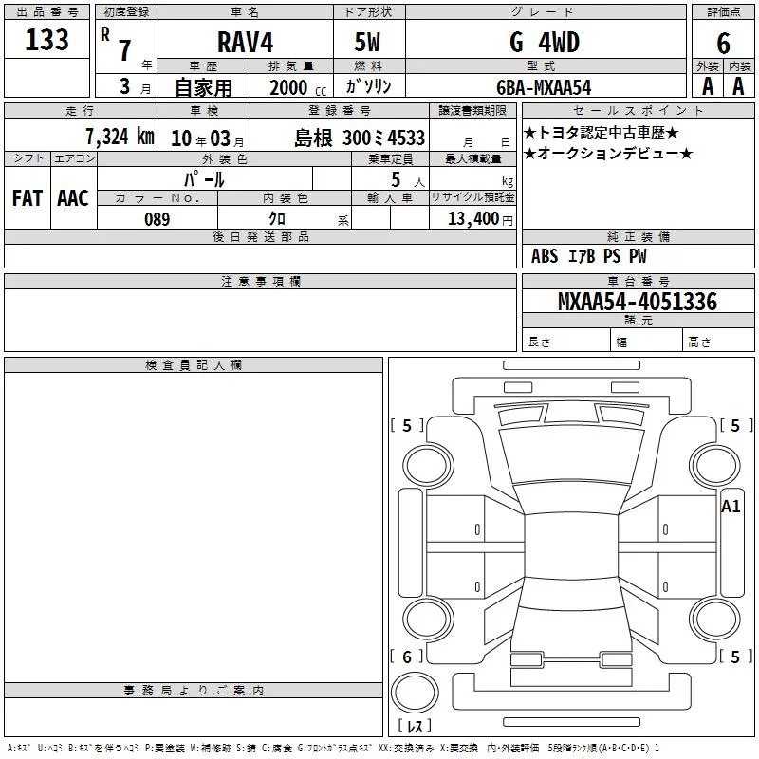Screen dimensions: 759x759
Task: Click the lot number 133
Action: click(46, 40)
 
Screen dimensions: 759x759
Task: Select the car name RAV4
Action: click(245, 42)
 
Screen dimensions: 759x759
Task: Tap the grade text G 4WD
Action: click(545, 42)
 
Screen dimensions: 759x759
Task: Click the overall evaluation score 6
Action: click(723, 44)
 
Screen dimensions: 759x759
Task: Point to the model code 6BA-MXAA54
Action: click(544, 87)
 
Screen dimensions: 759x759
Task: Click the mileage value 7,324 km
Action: click(120, 137)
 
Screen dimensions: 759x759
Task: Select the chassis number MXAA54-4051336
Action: click(638, 302)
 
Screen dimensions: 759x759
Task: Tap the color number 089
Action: click(157, 219)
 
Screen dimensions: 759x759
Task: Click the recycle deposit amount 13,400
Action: click(473, 219)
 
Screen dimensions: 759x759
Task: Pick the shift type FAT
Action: click(28, 198)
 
